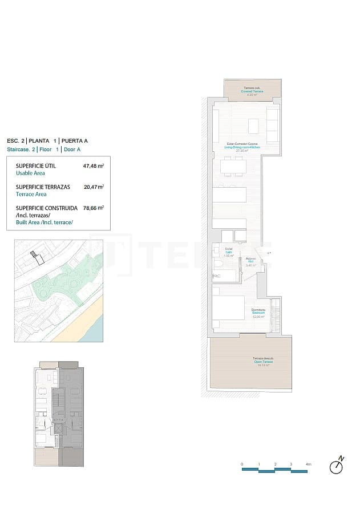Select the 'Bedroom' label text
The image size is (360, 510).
tap(258, 313)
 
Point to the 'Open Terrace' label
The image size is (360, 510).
tap(263, 362)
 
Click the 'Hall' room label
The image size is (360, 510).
tap(250, 262)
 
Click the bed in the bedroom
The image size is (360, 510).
tap(228, 309)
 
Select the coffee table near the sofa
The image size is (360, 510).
tap(254, 125)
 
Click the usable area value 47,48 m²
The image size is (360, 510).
tap(94, 166)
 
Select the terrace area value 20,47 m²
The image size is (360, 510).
tap(94, 187)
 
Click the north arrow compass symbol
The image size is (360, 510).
tap(337, 466)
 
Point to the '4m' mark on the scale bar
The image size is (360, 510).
tap(308, 464)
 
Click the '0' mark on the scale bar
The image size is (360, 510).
tap(242, 464)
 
